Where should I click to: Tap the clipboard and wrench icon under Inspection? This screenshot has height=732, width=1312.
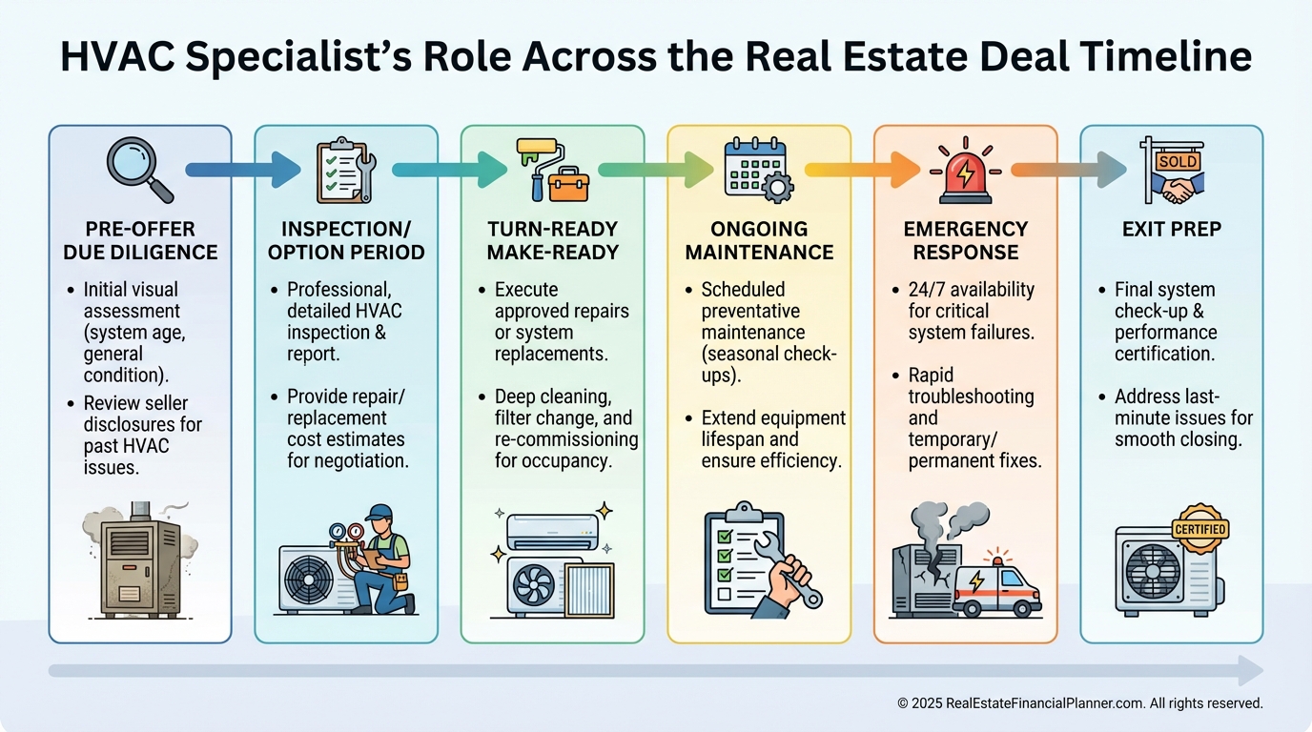[344, 170]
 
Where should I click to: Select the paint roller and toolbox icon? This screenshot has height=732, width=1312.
[551, 170]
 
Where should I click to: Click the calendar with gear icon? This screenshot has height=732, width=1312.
[757, 170]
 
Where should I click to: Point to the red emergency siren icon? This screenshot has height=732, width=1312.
[965, 172]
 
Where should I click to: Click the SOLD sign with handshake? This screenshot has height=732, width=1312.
[1172, 170]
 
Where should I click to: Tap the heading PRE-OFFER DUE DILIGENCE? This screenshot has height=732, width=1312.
[140, 241]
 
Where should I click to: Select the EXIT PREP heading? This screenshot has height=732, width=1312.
[1171, 230]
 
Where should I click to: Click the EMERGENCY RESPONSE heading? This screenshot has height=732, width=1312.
[965, 241]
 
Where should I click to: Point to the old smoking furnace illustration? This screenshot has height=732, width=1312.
[140, 562]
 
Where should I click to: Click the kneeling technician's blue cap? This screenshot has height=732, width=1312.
[379, 513]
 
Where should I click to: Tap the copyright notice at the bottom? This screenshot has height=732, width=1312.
[1079, 703]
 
